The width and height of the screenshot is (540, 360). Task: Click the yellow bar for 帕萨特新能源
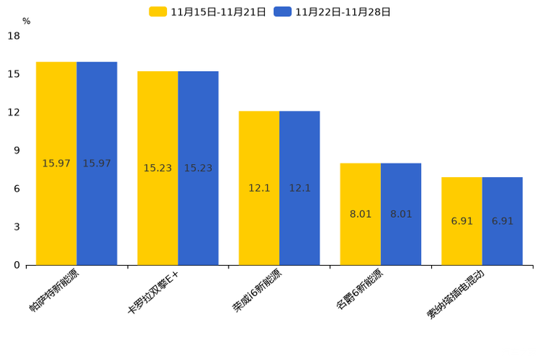[56, 163]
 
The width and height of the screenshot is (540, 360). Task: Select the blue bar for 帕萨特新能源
[97, 163]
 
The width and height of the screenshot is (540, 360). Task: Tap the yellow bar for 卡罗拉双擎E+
[157, 168]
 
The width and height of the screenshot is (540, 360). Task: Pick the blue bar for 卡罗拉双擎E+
[198, 168]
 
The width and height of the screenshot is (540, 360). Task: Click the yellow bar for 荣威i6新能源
[259, 188]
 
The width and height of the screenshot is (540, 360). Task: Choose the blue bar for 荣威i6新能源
[300, 188]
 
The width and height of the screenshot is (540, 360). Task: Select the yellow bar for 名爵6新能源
[361, 214]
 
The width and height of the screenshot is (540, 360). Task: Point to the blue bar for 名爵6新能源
[401, 214]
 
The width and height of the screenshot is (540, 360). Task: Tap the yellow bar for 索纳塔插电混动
[462, 221]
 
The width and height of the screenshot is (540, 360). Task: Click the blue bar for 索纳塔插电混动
[502, 221]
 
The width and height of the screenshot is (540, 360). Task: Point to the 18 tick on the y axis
[14, 36]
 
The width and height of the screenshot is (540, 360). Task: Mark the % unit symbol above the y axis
[26, 22]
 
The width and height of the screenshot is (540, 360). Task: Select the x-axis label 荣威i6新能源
[257, 291]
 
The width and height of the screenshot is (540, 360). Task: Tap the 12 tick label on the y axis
[14, 112]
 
